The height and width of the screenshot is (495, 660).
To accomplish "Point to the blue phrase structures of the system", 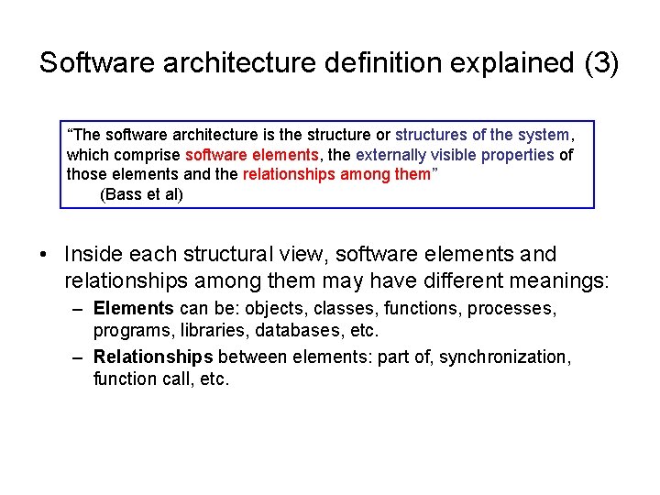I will coord(481,135).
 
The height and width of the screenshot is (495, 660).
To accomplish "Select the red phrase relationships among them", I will coord(336,175).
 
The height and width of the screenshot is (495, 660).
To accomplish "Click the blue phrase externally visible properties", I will coord(455,155).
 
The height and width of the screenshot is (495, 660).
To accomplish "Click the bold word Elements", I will coord(134,308).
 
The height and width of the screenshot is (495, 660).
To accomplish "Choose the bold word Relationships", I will coord(153,357).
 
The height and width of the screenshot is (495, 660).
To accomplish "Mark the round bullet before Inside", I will coord(45,255).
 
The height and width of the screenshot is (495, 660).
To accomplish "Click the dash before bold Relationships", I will coord(79,357).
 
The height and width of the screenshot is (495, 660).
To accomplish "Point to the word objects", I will coord(275,308).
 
